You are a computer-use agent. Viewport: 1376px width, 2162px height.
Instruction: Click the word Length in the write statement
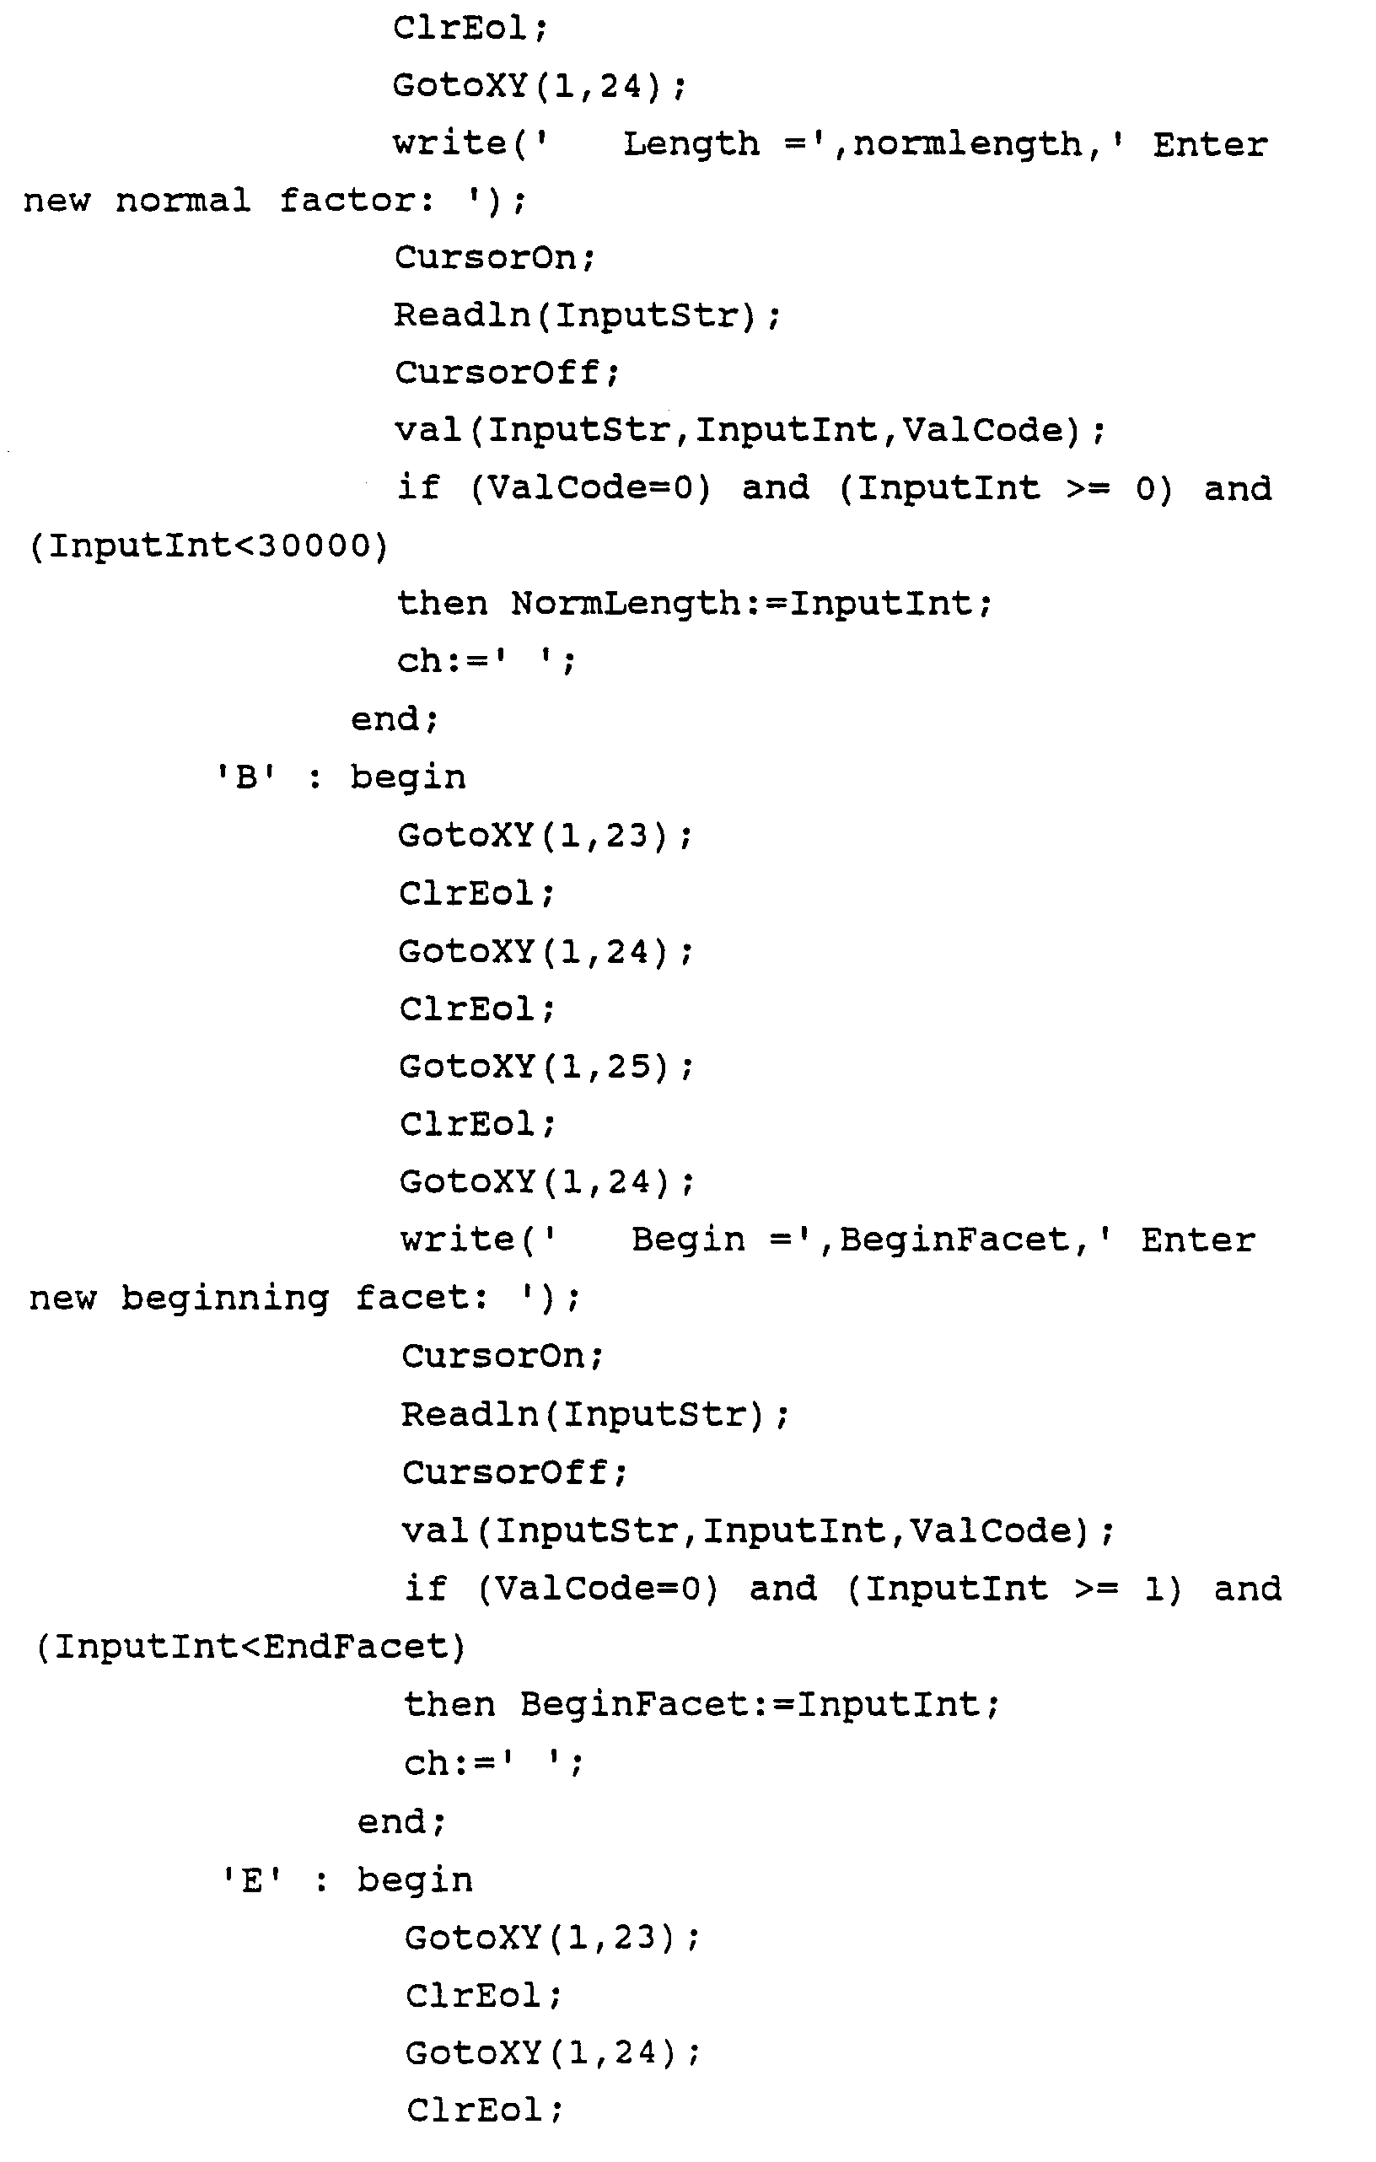tap(691, 143)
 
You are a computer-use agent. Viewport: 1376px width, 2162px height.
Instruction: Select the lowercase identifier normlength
tap(968, 143)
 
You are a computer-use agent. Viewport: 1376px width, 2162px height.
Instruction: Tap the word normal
tap(183, 200)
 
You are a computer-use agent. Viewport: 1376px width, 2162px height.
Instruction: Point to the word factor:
tap(357, 200)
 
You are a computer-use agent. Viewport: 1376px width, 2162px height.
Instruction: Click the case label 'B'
tap(246, 777)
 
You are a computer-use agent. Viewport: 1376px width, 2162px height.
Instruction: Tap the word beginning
tap(225, 1299)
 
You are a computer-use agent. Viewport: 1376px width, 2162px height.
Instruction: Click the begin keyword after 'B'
tap(408, 777)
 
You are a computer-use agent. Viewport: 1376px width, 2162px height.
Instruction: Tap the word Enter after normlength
tap(1210, 143)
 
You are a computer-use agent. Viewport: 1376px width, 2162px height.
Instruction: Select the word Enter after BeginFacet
tap(1197, 1240)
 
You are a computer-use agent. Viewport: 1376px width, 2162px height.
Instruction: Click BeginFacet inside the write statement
tap(954, 1240)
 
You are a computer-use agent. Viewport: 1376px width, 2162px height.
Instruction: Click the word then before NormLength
tap(443, 604)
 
